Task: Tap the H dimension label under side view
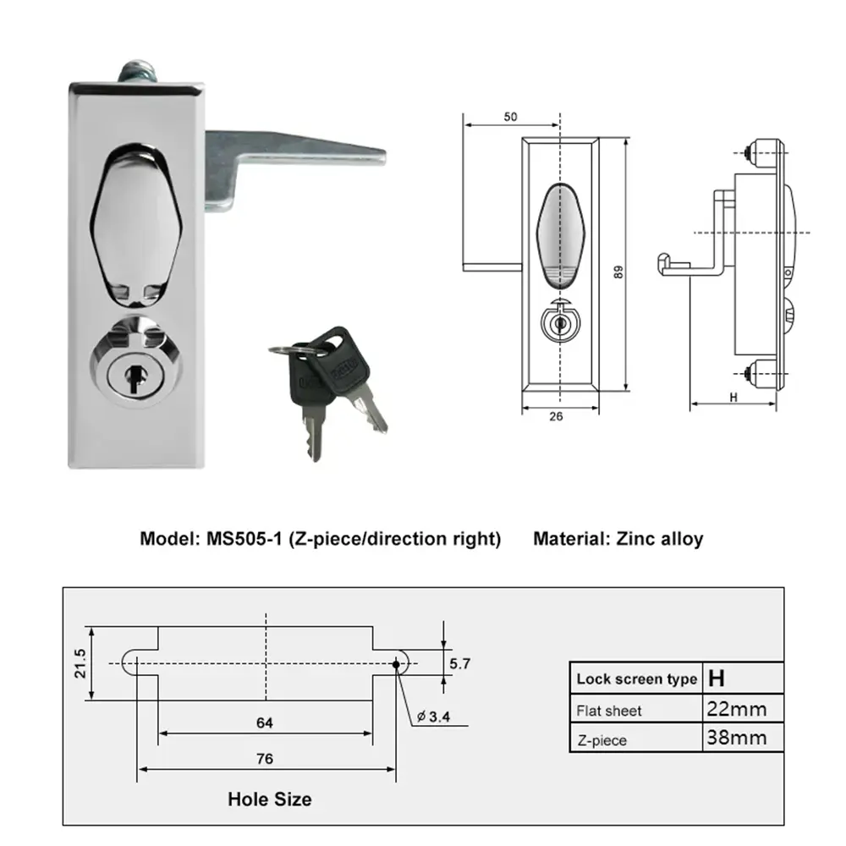click(x=733, y=395)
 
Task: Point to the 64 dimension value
click(x=265, y=722)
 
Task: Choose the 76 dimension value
click(x=265, y=758)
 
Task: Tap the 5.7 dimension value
click(x=460, y=664)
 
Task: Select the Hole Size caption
click(x=269, y=799)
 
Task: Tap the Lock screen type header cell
click(x=636, y=678)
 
